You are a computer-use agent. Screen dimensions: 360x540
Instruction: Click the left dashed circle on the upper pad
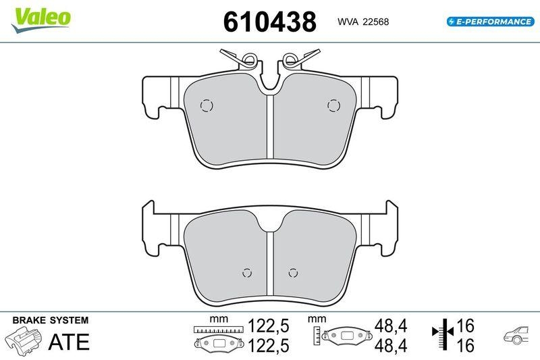(x=207, y=105)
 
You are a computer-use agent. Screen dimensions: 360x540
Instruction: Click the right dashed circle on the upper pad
(x=333, y=105)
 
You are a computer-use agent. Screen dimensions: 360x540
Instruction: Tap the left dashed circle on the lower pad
(x=247, y=273)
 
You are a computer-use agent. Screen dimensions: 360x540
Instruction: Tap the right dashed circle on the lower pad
(x=292, y=273)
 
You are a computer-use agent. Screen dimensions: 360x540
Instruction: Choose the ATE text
(x=68, y=342)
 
